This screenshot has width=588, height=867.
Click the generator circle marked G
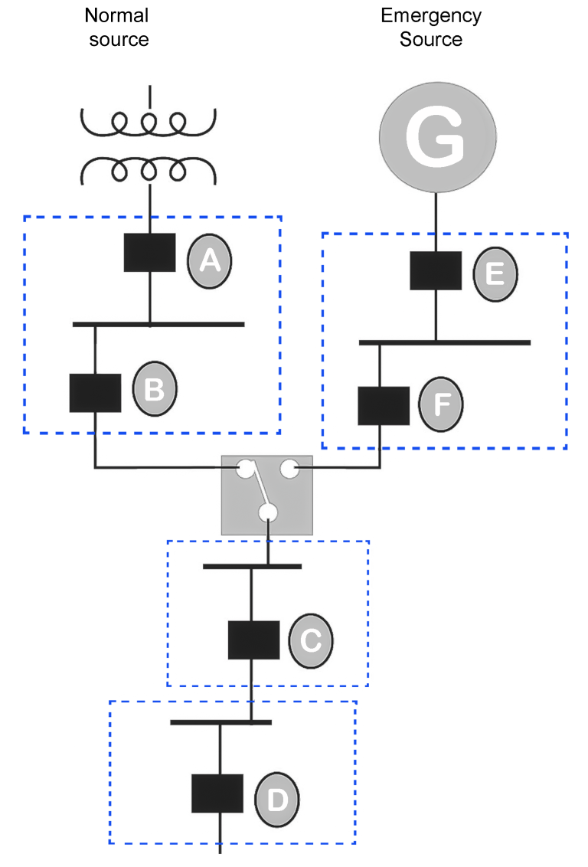point(437,137)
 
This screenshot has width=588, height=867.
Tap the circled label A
point(210,261)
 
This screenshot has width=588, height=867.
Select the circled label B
point(155,389)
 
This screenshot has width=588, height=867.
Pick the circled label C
point(311,641)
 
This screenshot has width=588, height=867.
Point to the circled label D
point(277,800)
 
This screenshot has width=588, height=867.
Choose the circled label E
point(495,274)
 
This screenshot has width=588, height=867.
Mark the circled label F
point(440,404)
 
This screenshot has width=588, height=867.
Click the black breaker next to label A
point(150,253)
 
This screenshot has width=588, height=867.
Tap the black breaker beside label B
point(95,393)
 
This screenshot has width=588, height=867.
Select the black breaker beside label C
point(253,640)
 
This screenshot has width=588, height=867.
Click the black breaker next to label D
point(217,793)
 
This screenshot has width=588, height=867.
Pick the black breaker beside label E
point(436,271)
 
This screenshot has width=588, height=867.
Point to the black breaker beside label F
point(384,406)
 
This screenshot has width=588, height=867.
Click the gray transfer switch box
point(267,496)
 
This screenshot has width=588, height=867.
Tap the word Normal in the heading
point(116,15)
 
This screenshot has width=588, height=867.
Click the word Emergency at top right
point(431,16)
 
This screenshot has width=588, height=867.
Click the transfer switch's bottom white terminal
point(268,512)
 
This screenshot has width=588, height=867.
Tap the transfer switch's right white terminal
point(289,469)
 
